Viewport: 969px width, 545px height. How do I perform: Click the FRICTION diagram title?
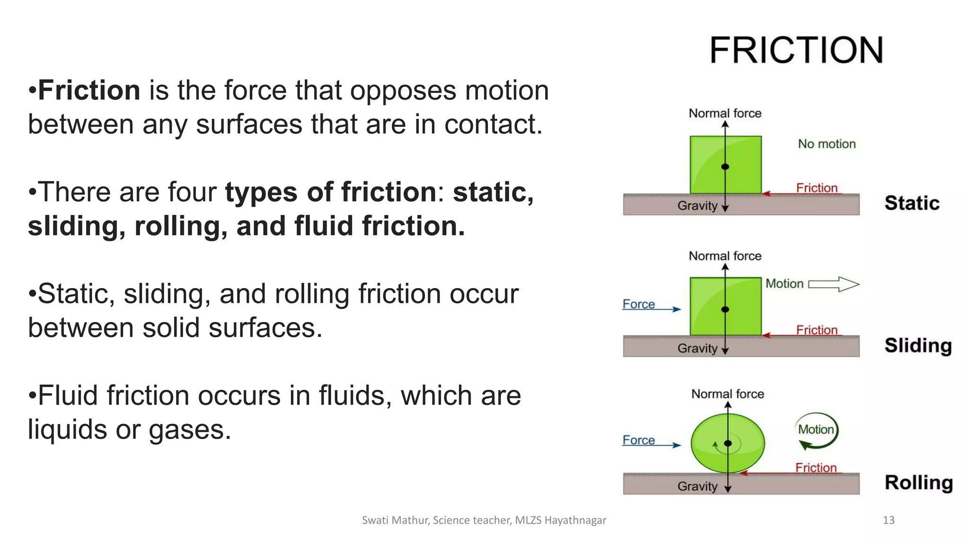796,50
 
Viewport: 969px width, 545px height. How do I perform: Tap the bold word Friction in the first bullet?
89,90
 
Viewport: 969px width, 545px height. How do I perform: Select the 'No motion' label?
827,144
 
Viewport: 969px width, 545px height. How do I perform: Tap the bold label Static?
912,203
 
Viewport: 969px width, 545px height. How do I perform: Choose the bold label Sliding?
918,345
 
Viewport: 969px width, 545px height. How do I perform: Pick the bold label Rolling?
918,483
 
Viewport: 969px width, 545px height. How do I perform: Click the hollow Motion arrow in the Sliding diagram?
834,284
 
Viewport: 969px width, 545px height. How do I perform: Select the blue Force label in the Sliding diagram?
639,304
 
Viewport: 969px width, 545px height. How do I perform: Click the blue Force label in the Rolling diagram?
639,440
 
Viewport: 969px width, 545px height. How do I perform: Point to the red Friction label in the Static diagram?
817,188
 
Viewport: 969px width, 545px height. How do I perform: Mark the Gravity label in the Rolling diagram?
697,486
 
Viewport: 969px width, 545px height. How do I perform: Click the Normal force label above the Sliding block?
725,256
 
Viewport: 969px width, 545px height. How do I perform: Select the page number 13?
889,520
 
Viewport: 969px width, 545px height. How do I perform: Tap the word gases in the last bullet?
189,430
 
